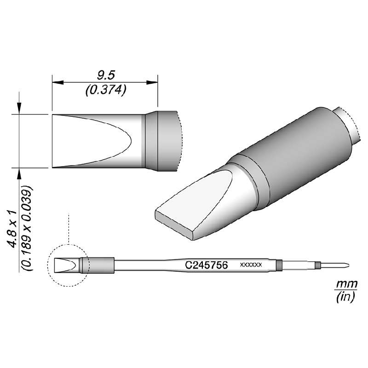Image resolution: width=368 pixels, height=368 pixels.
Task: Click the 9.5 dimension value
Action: (105, 74)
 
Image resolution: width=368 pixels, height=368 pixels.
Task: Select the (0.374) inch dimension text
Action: (106, 91)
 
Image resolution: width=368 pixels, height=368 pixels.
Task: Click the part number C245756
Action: (207, 265)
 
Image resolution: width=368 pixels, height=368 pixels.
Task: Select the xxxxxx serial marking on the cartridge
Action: (251, 265)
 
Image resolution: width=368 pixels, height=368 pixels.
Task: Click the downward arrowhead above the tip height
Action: (19, 109)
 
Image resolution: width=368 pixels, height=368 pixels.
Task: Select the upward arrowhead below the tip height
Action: (19, 173)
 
